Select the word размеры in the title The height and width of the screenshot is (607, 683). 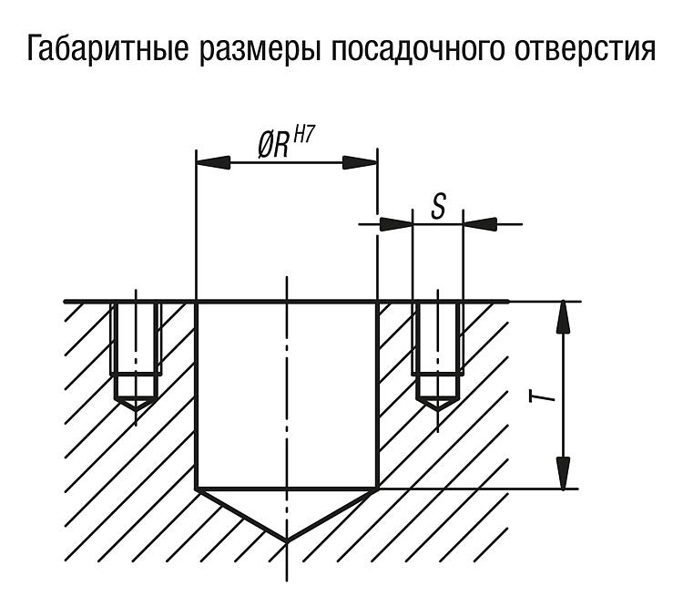(x=260, y=51)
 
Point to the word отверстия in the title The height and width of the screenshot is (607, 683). (x=585, y=50)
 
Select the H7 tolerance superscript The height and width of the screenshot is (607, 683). (x=303, y=135)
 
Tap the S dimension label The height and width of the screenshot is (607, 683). (x=438, y=206)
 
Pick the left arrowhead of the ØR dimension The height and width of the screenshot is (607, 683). (x=213, y=162)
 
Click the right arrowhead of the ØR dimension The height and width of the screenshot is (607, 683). (x=361, y=162)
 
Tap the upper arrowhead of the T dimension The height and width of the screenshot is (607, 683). (x=563, y=317)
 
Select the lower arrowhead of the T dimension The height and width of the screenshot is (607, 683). (x=563, y=473)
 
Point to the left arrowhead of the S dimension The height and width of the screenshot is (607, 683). (x=396, y=224)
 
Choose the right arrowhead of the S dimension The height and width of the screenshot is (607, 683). (x=480, y=224)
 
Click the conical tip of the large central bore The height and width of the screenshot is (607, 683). (x=287, y=541)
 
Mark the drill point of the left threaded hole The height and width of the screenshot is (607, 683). (x=136, y=409)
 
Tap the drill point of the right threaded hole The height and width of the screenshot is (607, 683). (x=438, y=409)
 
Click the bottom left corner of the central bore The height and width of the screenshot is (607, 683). (x=197, y=488)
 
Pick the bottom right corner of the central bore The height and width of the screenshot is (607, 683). (x=377, y=488)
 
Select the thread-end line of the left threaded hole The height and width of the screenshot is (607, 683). (x=136, y=375)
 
